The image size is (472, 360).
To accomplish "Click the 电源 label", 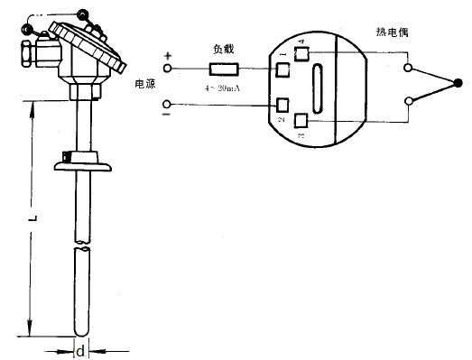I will point(144,84).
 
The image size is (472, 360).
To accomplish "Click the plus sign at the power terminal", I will point(167,57).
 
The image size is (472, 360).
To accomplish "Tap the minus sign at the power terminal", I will point(167,114).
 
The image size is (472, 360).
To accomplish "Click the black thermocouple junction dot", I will point(458,84).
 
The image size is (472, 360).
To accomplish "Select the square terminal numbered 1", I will point(282,69).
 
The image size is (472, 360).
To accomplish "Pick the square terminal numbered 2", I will point(283,105).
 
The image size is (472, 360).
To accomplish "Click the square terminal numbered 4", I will point(301,53).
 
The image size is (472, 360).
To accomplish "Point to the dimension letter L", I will point(32,218).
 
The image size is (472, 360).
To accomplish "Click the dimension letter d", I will point(79,349).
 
